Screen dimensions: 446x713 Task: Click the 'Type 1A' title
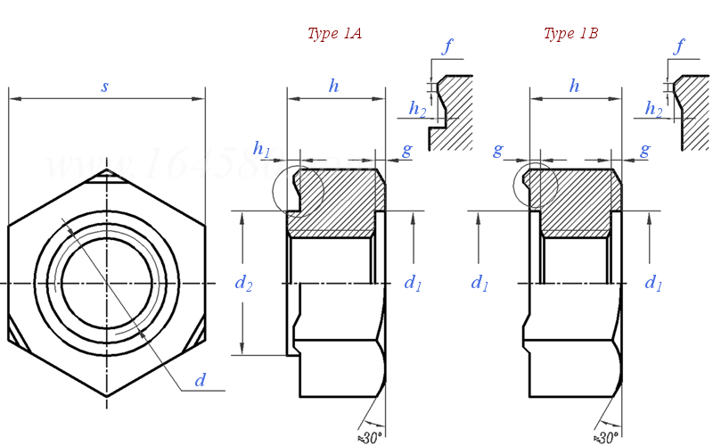click(334, 34)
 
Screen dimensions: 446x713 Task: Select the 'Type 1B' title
click(570, 34)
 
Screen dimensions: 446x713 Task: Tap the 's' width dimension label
click(105, 87)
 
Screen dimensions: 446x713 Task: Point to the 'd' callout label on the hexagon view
click(201, 381)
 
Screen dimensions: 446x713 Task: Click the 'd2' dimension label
click(243, 283)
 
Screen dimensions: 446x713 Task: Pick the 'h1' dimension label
click(262, 148)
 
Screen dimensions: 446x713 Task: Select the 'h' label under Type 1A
click(334, 86)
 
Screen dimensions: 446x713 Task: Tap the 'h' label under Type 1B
click(574, 86)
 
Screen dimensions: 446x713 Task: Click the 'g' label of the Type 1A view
click(406, 150)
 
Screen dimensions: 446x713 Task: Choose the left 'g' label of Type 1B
click(498, 150)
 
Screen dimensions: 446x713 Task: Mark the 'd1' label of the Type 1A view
click(413, 283)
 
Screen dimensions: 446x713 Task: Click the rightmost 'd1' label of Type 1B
click(653, 283)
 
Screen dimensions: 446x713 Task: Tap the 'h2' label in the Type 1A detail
click(417, 109)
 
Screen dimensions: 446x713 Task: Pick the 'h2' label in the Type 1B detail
click(654, 109)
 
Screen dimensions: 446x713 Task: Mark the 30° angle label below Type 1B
click(608, 437)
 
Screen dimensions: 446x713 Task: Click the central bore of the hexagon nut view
click(105, 283)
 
